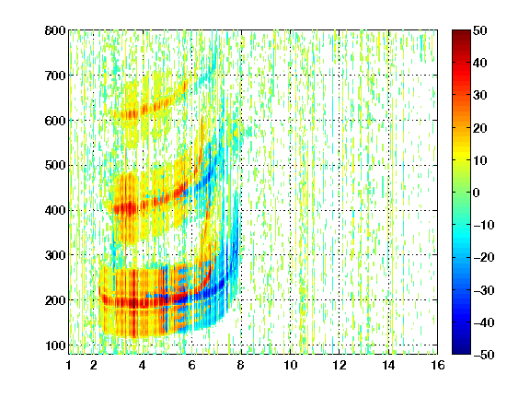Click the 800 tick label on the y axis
(x=55, y=30)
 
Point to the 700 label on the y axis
(x=55, y=76)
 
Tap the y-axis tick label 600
(x=55, y=121)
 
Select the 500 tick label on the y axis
(x=55, y=166)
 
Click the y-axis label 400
(x=55, y=210)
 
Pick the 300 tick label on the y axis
(x=55, y=255)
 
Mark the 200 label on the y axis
(x=55, y=300)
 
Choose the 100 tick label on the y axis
(x=55, y=345)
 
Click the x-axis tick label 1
(x=69, y=365)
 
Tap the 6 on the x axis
(x=191, y=365)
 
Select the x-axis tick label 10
(x=290, y=365)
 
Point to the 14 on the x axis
(x=388, y=365)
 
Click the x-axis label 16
(x=438, y=365)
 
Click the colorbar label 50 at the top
(x=480, y=30)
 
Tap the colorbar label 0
(x=477, y=193)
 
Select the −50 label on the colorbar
(x=484, y=355)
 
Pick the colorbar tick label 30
(x=480, y=96)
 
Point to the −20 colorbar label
(x=484, y=258)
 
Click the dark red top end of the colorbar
(x=461, y=32)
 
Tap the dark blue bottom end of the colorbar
(x=461, y=352)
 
